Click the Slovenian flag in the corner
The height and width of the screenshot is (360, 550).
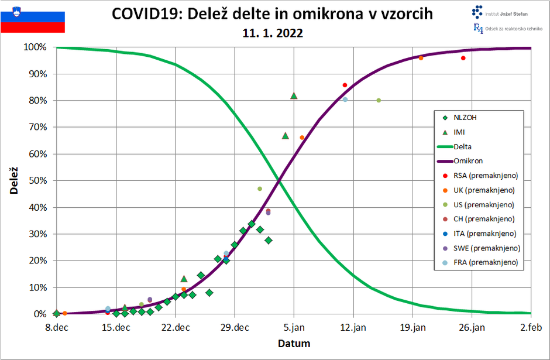click(x=33, y=18)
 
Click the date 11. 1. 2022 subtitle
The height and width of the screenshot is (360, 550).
click(x=273, y=33)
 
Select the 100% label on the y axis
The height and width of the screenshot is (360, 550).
click(x=36, y=47)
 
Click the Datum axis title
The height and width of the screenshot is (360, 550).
click(x=294, y=343)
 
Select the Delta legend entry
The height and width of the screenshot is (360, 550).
click(x=462, y=147)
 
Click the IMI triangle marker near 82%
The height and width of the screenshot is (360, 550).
click(x=294, y=95)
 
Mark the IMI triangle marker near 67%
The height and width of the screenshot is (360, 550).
click(x=285, y=135)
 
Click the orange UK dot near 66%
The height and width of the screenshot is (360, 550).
click(x=302, y=138)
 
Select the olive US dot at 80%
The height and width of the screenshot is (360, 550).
click(x=379, y=100)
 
